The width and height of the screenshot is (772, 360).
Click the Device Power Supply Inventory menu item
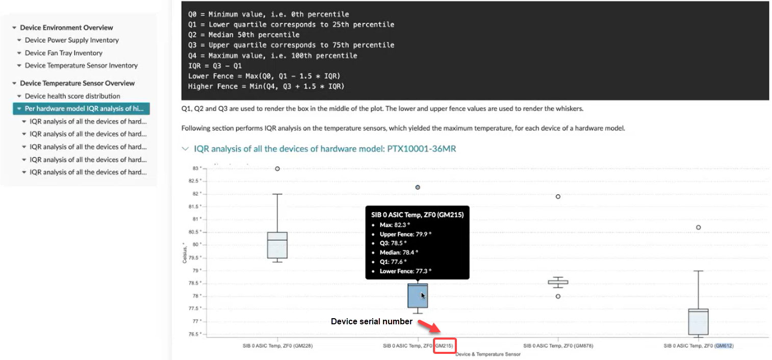[x=71, y=40]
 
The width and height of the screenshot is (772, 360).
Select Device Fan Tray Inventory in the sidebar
[x=63, y=53]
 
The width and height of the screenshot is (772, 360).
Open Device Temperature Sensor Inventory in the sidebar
[x=81, y=66]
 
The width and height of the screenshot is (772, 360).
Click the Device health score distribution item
[x=72, y=96]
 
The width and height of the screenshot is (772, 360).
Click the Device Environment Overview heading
[x=66, y=28]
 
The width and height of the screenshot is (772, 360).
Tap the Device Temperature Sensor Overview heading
[x=77, y=83]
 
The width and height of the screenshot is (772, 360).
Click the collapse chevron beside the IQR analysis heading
[x=185, y=149]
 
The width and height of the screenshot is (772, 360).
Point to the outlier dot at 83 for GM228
[x=277, y=168]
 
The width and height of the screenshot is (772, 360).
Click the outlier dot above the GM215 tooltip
[x=418, y=187]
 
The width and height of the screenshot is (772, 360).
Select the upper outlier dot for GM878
[x=558, y=196]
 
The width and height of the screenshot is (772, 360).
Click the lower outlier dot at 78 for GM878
[x=558, y=296]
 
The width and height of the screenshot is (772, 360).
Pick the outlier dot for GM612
[x=699, y=227]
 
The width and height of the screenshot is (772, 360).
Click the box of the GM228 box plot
[x=277, y=245]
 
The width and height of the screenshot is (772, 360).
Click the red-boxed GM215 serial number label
[x=444, y=346]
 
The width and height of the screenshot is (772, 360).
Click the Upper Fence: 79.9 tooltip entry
[x=405, y=234]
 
